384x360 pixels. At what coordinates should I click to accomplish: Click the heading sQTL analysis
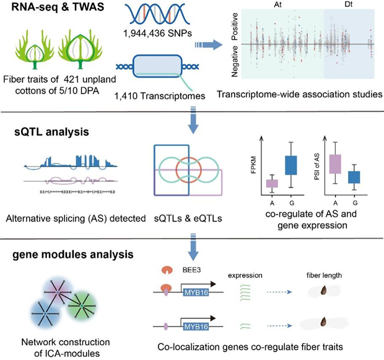[x=39, y=132]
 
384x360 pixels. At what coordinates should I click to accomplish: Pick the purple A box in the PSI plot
[x=335, y=163]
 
